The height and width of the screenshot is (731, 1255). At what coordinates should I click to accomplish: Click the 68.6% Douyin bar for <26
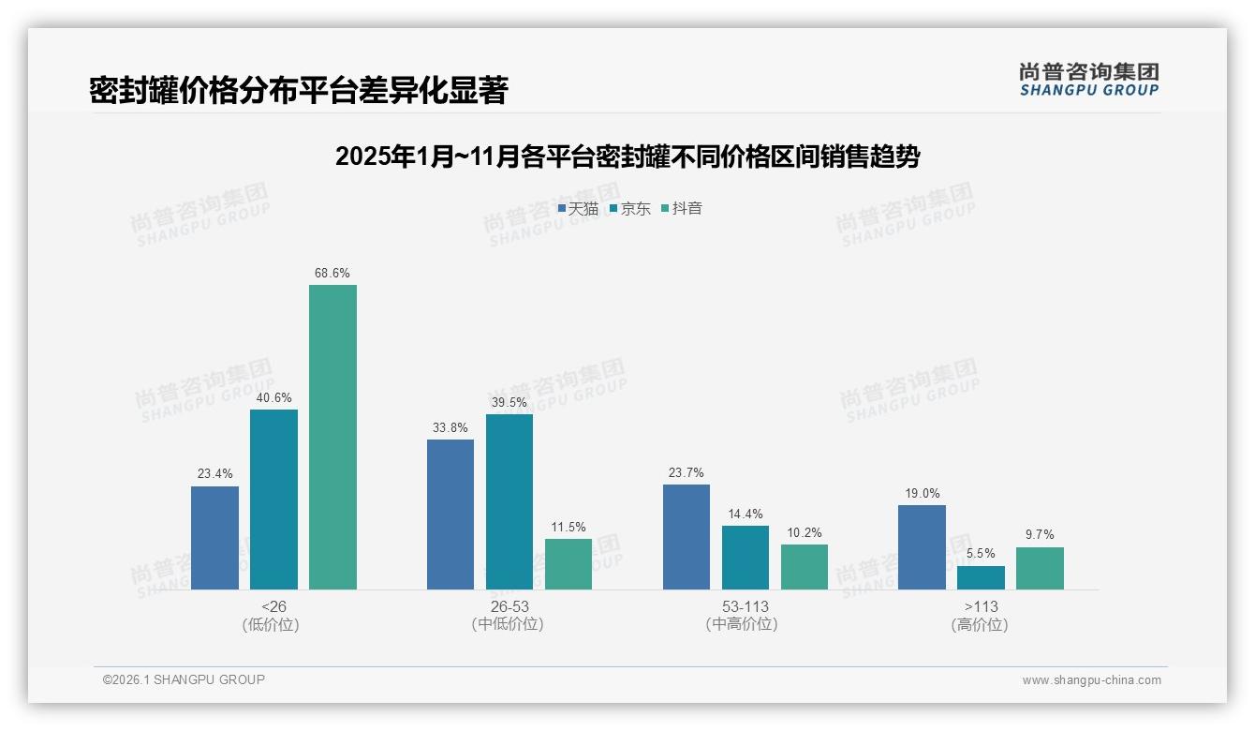pos(332,437)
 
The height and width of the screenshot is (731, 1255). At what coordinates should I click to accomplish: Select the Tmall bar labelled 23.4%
pos(214,538)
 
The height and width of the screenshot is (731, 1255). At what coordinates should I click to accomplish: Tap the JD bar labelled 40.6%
pos(273,500)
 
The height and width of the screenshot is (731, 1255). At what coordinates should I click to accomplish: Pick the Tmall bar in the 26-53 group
pos(450,515)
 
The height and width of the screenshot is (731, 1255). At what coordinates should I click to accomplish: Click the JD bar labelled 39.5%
pos(509,501)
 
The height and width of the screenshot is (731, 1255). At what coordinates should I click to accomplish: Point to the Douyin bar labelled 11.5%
pos(568,564)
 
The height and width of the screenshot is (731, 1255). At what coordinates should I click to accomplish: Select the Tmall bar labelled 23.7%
pos(687,537)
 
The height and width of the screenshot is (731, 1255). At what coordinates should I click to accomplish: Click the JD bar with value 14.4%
pos(746,558)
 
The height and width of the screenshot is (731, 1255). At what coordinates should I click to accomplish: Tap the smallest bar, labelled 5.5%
pos(981,577)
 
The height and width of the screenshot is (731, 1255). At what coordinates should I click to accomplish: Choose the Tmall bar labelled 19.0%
pos(922,547)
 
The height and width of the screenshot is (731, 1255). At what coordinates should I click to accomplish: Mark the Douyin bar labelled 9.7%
pos(1040,568)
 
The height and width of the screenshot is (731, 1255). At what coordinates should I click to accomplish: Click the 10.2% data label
pos(804,533)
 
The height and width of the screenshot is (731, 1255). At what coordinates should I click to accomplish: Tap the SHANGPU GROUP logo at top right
pos(1088,79)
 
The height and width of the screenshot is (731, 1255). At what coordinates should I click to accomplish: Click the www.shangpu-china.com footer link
pos(1091,680)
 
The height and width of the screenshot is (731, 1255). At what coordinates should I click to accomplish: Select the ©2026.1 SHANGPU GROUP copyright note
pos(184,679)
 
